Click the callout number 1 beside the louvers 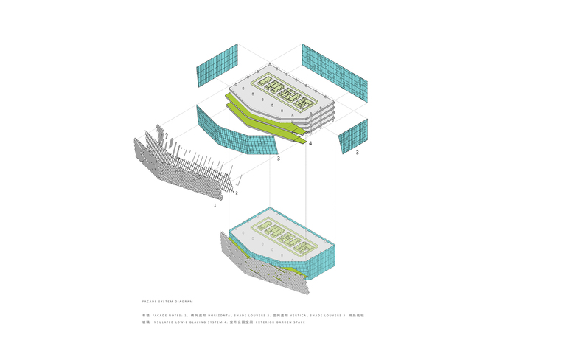coord(215,204)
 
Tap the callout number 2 coord(237,193)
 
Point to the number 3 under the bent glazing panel coord(278,158)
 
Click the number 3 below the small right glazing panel coord(357,153)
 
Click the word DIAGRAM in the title coord(184,301)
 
